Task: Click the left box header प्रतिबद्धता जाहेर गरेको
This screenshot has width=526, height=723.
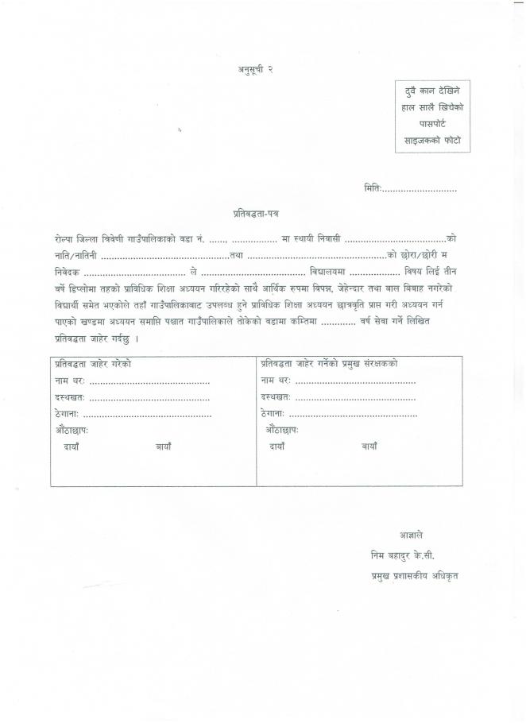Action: [93, 363]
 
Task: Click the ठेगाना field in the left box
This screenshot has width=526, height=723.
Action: [147, 414]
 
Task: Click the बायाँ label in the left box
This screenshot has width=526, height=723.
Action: [164, 447]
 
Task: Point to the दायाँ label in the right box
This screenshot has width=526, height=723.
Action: [277, 447]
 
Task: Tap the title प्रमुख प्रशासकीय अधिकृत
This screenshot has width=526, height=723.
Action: [414, 574]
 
